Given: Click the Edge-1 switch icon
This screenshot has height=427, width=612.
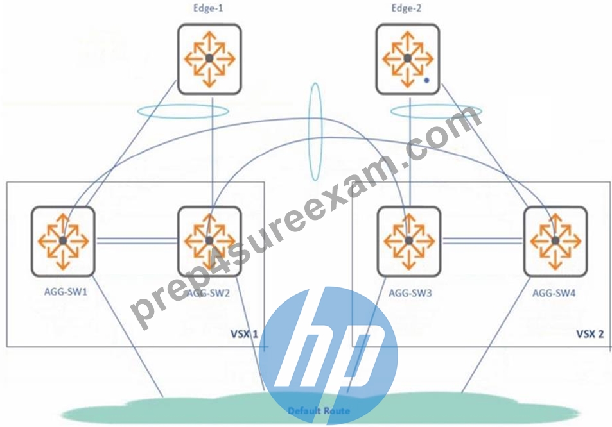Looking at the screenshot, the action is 209,59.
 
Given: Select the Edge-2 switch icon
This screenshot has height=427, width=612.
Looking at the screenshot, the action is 408,59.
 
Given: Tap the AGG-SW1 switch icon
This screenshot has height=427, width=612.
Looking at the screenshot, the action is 63,241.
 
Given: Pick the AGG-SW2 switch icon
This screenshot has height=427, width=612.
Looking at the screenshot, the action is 209,241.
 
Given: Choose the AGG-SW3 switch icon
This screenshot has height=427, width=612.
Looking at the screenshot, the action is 408,241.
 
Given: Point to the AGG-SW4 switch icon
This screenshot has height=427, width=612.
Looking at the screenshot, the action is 555,241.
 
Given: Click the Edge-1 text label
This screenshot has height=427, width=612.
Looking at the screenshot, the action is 208,8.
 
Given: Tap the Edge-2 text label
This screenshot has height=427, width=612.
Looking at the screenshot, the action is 407,8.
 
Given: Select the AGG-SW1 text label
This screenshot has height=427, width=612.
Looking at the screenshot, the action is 66,292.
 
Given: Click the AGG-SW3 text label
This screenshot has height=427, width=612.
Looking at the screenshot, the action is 410,292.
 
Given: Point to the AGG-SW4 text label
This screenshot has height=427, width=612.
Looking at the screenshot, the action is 554,292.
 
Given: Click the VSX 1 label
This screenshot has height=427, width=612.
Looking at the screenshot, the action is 244,334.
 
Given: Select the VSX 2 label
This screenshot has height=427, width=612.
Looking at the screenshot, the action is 590,334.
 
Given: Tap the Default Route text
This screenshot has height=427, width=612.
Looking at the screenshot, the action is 319,410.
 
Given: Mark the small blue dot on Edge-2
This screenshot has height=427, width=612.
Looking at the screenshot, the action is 426,81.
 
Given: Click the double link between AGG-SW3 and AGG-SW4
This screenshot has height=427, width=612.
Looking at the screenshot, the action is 482,241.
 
